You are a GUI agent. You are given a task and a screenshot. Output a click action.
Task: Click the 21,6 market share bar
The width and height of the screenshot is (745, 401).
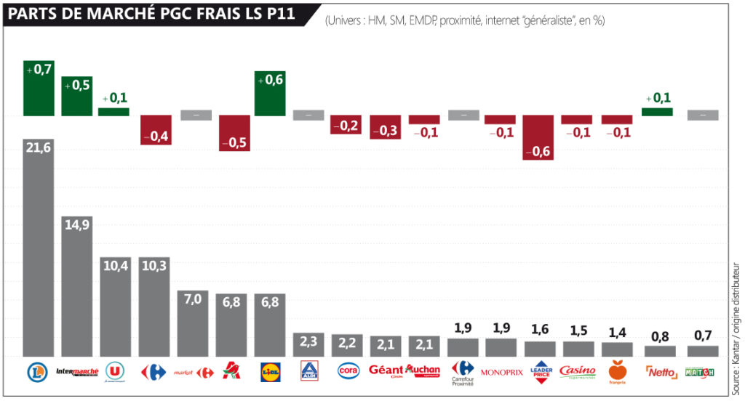click(x=39, y=247)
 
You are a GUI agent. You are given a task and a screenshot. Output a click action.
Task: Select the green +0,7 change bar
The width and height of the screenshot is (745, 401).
click(x=39, y=88)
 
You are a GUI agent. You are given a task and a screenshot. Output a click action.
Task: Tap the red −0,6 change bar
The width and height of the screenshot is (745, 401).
click(x=539, y=137)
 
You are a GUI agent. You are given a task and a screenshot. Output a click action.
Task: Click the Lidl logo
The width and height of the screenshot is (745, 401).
click(x=269, y=372)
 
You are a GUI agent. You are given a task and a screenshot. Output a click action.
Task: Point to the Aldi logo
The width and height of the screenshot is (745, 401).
click(x=308, y=372)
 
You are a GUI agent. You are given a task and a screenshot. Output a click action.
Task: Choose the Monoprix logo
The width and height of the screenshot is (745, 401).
click(x=502, y=372)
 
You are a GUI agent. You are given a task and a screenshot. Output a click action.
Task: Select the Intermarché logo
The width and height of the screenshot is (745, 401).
click(x=76, y=371)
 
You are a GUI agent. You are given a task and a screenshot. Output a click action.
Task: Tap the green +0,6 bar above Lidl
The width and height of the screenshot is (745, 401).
click(x=270, y=93)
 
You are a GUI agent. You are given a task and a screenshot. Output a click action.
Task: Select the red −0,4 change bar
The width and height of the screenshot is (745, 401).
click(x=156, y=130)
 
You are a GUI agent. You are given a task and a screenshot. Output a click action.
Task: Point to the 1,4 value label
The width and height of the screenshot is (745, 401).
click(x=618, y=333)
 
